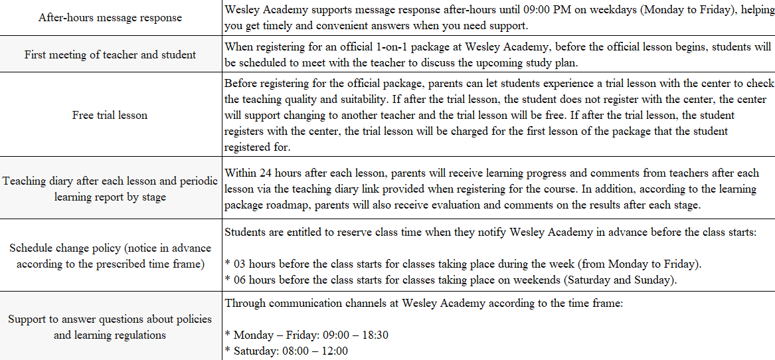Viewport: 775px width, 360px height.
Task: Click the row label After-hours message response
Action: (110, 18)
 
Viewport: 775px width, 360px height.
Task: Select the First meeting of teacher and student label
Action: (110, 54)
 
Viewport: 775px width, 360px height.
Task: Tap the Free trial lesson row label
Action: (110, 115)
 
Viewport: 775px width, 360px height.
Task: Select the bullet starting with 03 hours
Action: (464, 264)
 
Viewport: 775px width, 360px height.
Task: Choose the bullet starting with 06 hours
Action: (451, 280)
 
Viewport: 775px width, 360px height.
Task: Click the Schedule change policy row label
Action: (110, 256)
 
